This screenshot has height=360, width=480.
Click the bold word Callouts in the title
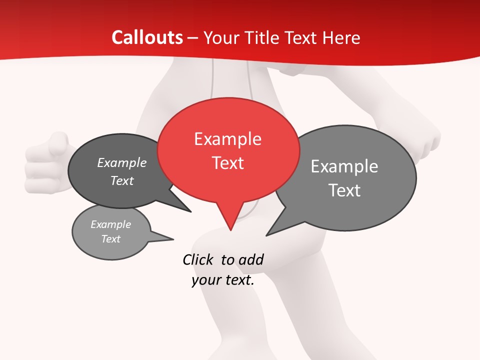(147, 37)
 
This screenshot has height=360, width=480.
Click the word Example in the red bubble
(227, 139)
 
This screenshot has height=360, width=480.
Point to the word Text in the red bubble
(228, 163)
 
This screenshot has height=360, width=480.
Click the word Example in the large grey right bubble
(344, 166)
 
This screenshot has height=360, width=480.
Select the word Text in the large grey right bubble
(344, 190)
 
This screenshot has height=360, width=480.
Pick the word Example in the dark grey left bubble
(122, 162)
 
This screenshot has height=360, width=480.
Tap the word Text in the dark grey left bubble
(122, 180)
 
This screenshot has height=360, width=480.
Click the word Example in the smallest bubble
(110, 224)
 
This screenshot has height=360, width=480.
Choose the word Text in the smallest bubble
(110, 239)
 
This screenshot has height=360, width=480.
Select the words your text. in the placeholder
(223, 280)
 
